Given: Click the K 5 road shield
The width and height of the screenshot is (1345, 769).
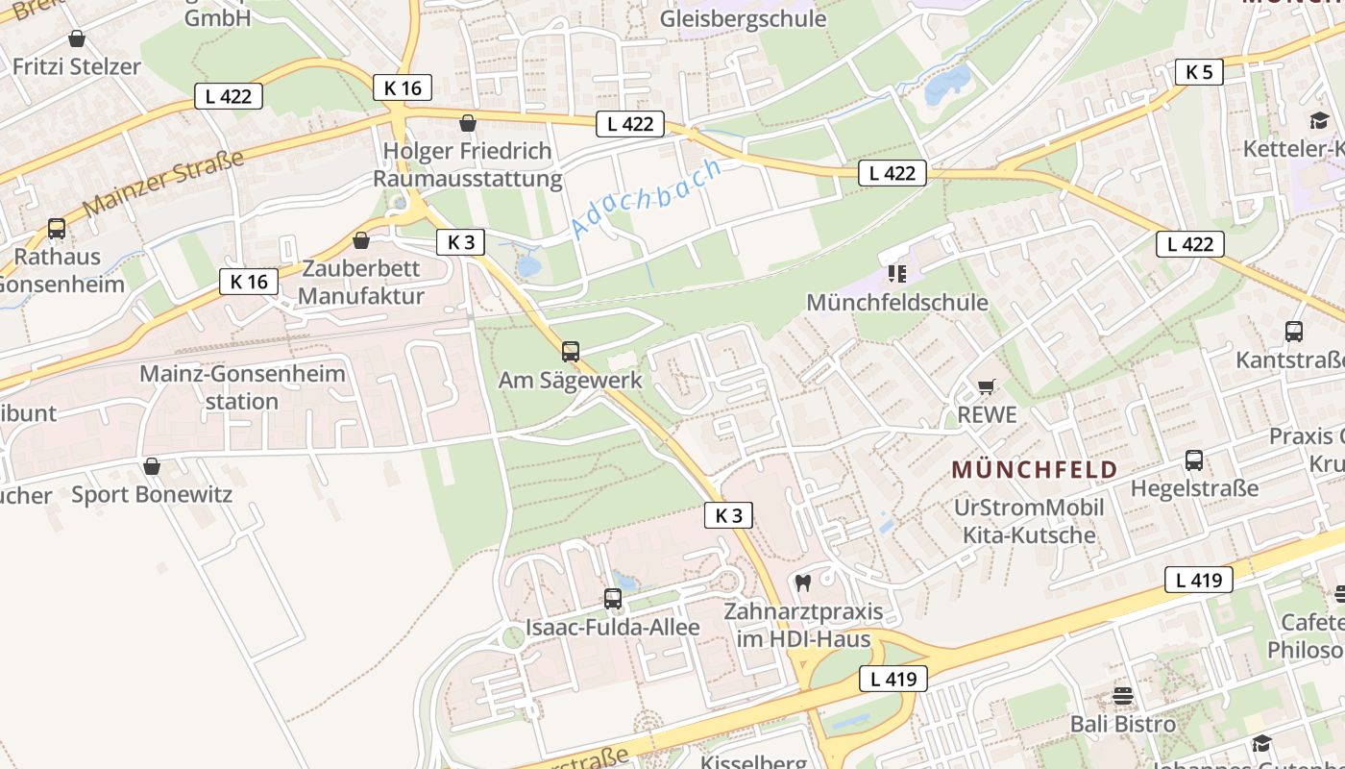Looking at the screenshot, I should [x=1199, y=71].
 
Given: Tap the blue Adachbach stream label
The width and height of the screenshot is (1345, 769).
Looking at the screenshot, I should [x=645, y=198].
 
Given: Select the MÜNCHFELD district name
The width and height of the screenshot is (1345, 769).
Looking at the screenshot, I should [x=1034, y=470].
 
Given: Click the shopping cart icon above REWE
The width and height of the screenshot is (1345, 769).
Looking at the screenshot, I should [x=986, y=387].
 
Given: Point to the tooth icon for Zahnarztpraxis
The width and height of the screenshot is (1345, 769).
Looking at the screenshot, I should [x=804, y=583].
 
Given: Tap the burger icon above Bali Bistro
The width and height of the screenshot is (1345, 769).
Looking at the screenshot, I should [x=1123, y=695].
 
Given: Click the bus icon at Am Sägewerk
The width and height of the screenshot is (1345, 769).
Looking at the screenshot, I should [x=571, y=352].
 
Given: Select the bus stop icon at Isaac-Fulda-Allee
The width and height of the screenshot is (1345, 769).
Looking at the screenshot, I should [x=613, y=599].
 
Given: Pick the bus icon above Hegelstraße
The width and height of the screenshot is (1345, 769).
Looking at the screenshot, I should [x=1194, y=460].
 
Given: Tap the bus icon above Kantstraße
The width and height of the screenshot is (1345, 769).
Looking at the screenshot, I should [x=1294, y=332].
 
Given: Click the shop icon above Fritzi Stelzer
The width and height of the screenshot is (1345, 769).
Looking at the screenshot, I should [x=77, y=38].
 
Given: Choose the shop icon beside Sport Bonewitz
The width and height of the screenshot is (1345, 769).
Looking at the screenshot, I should [x=151, y=467].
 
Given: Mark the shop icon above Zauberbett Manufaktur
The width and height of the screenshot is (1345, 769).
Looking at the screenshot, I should [x=361, y=240].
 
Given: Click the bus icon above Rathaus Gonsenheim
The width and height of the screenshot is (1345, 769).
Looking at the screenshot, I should [x=57, y=229].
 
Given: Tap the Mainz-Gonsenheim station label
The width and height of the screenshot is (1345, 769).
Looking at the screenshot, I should [x=242, y=386].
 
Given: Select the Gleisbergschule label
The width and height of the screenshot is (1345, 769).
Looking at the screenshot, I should [x=743, y=18].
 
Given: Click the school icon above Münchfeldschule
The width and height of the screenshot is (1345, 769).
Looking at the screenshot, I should [x=897, y=274].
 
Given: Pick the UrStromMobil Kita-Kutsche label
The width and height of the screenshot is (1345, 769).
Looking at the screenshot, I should [x=1029, y=521].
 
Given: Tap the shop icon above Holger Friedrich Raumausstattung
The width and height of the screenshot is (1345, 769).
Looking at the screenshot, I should [x=468, y=123].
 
